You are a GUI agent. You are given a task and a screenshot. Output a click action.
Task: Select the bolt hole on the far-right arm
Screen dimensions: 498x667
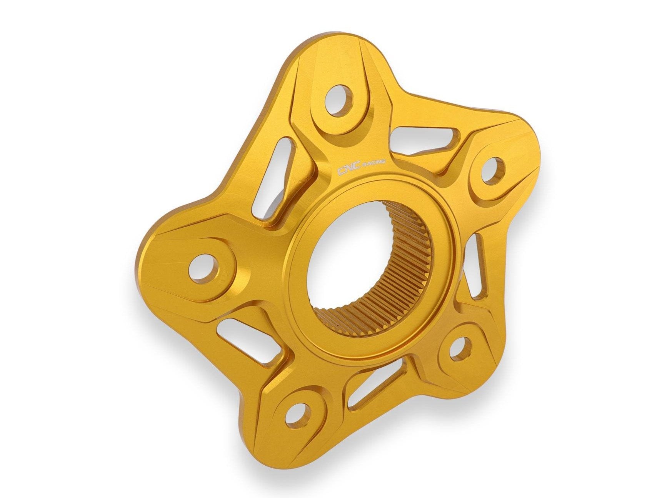click(493, 169)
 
